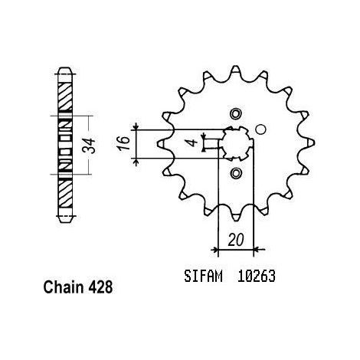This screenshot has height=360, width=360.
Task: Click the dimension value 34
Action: coord(90,146)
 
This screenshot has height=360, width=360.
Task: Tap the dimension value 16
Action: coord(125,143)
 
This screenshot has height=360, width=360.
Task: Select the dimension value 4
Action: coord(195,142)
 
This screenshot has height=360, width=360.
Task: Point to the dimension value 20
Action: coord(236,240)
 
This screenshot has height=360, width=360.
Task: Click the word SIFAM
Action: coord(203,276)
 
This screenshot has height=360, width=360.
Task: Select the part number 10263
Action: coord(257,276)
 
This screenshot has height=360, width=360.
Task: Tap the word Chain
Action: coord(64,287)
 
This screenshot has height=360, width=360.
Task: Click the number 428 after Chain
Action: coord(100,287)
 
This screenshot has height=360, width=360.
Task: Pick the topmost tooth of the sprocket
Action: coord(235,71)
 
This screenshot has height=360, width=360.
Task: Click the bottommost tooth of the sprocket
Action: coord(235,215)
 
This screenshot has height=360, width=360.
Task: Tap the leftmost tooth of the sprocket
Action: coord(163,143)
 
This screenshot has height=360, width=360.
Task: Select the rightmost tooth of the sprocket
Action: coord(308,143)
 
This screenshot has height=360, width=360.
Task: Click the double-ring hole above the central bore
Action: coord(235,113)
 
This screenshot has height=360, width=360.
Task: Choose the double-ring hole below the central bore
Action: coord(235,173)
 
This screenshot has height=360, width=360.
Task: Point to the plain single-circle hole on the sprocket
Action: coord(260,129)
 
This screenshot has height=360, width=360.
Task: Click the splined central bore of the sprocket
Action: coord(236,143)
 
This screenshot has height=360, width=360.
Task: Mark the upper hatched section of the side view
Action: coord(64,96)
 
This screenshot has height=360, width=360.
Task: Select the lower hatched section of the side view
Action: coord(65,194)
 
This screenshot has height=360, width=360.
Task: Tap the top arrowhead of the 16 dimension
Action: coord(136,126)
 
